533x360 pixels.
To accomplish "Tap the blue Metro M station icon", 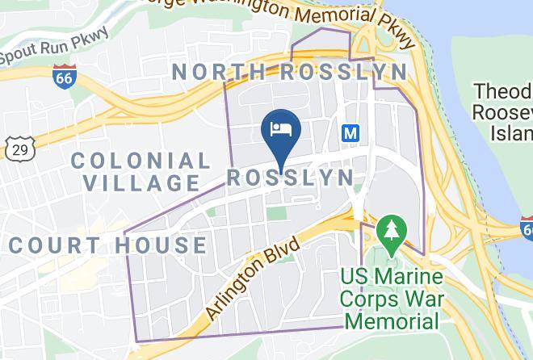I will click(350, 132).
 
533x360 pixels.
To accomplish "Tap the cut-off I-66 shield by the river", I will click(527, 225).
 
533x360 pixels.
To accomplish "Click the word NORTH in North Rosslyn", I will click(218, 72).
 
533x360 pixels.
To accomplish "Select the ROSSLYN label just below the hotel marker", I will click(290, 178).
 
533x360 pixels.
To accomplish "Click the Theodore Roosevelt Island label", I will click(502, 111).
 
